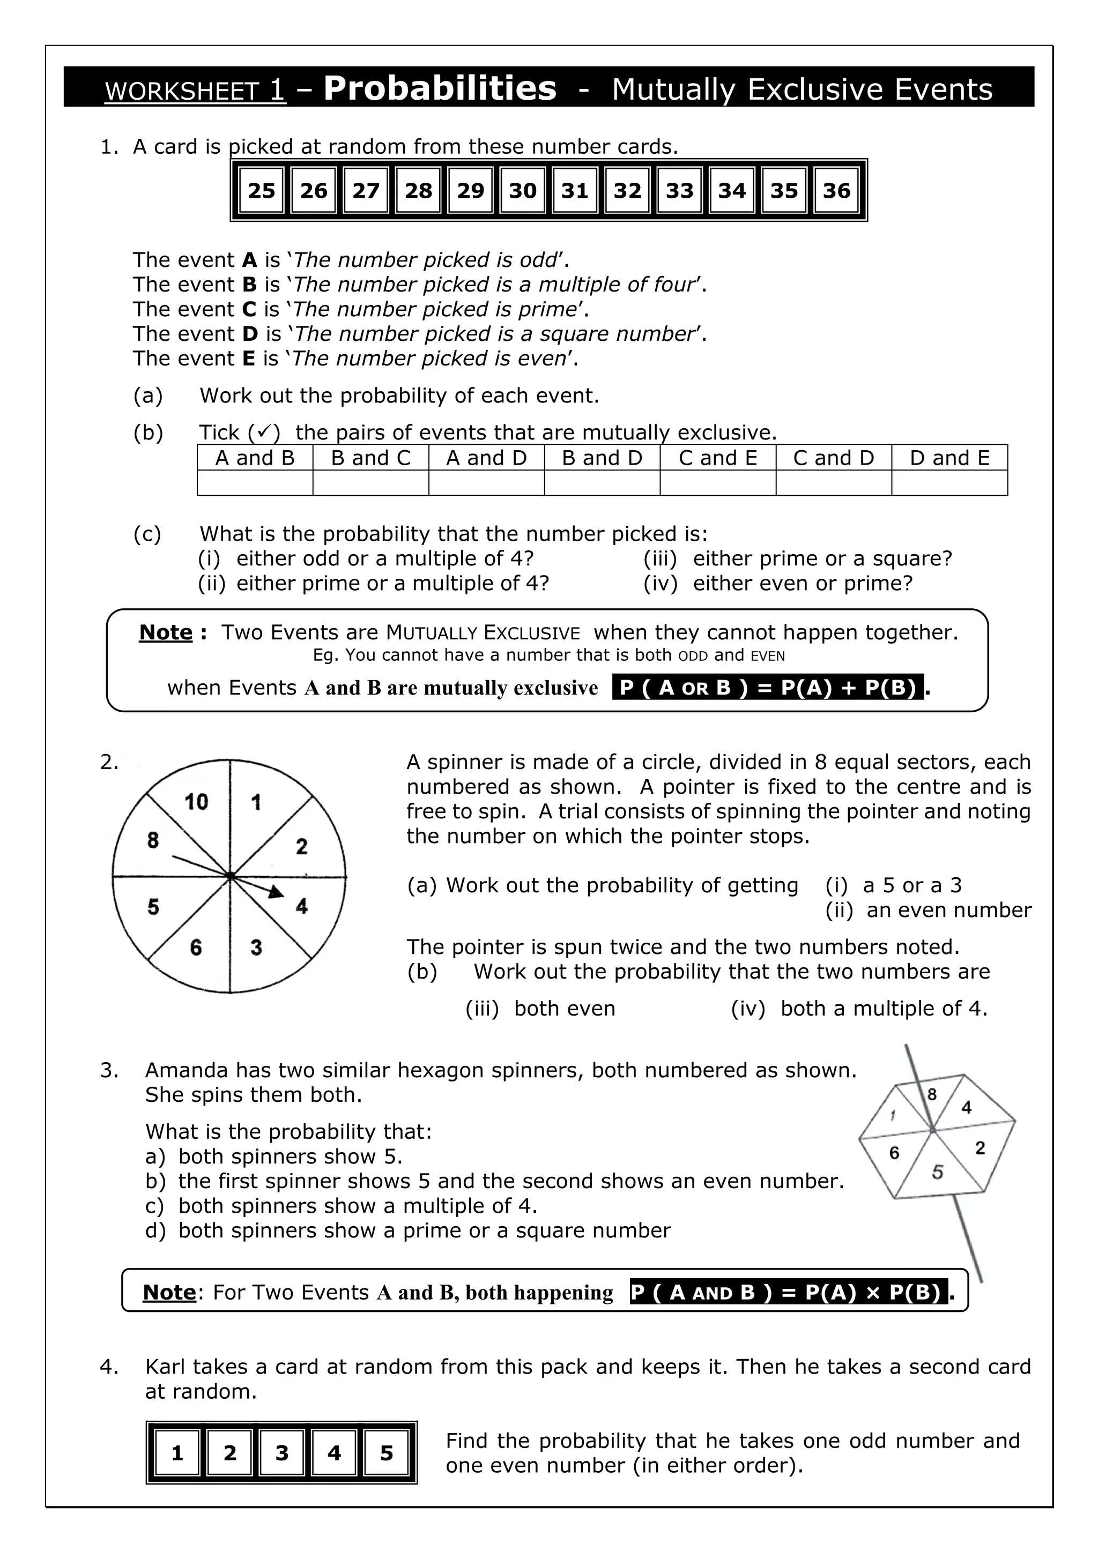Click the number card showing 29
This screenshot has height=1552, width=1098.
pyautogui.click(x=471, y=191)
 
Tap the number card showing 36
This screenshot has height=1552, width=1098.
pyautogui.click(x=836, y=191)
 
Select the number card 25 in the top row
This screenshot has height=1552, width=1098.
pyautogui.click(x=262, y=191)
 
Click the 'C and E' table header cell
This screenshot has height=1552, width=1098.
pyautogui.click(x=717, y=458)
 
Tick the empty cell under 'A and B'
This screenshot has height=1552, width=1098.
pyautogui.click(x=255, y=483)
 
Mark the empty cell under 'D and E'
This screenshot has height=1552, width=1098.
pyautogui.click(x=949, y=483)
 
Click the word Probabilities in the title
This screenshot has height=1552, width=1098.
pyautogui.click(x=440, y=88)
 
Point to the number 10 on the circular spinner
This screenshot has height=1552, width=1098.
pyautogui.click(x=196, y=802)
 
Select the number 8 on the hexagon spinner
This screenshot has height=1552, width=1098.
pyautogui.click(x=932, y=1094)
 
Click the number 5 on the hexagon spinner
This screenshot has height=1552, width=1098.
pyautogui.click(x=937, y=1172)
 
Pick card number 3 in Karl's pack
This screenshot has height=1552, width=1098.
pyautogui.click(x=282, y=1453)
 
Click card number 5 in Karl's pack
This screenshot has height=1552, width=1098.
pyautogui.click(x=386, y=1453)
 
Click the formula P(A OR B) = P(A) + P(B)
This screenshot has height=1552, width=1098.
pyautogui.click(x=767, y=688)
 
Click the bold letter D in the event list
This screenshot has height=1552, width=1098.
pyautogui.click(x=250, y=334)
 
